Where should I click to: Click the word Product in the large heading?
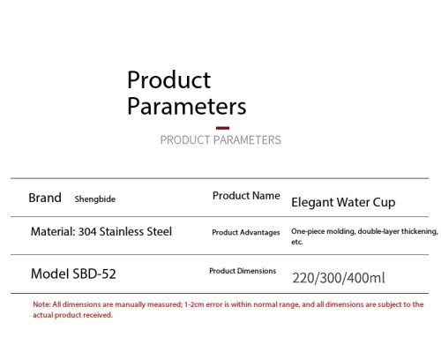click(x=168, y=79)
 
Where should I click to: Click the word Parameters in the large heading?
click(x=187, y=106)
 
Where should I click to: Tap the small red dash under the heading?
click(x=222, y=128)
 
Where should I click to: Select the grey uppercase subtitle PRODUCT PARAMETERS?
click(x=220, y=140)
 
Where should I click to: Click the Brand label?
click(x=45, y=198)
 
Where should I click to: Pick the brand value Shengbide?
click(x=95, y=199)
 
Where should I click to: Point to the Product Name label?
click(x=246, y=196)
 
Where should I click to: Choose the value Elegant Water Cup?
click(x=343, y=202)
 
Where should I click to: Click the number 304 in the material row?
click(x=87, y=232)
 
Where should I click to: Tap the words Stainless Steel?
click(x=136, y=232)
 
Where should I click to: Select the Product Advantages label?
click(x=246, y=232)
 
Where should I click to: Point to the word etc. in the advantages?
click(x=297, y=242)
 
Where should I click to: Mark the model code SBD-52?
click(x=94, y=274)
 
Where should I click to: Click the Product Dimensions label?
click(x=243, y=271)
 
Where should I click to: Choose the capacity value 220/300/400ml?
click(x=339, y=278)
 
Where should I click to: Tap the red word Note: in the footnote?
click(x=41, y=304)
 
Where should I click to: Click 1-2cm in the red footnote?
click(x=194, y=304)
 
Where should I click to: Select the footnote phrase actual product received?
click(x=72, y=315)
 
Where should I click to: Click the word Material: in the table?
click(x=53, y=232)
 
